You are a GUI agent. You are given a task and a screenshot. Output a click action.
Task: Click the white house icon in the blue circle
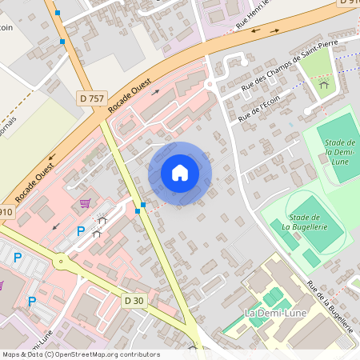pyautogui.click(x=180, y=173)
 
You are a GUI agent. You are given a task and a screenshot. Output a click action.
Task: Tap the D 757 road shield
pyautogui.click(x=93, y=98)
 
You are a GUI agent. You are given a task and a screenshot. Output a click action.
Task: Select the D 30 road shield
pyautogui.click(x=134, y=299)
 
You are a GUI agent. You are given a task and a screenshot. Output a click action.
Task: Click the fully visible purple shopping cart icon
pyautogui.click(x=85, y=203)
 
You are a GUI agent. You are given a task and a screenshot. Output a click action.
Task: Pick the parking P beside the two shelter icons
pyautogui.click(x=80, y=231)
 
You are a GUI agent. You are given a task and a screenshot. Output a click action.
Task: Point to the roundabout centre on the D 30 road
pyautogui.click(x=59, y=260)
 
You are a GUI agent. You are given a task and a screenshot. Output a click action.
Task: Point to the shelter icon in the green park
pyautogui.click(x=324, y=83)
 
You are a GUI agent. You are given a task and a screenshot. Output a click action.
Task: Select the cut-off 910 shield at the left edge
pyautogui.click(x=6, y=212)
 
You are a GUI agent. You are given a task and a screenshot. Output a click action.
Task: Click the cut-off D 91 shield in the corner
pyautogui.click(x=349, y=3)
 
